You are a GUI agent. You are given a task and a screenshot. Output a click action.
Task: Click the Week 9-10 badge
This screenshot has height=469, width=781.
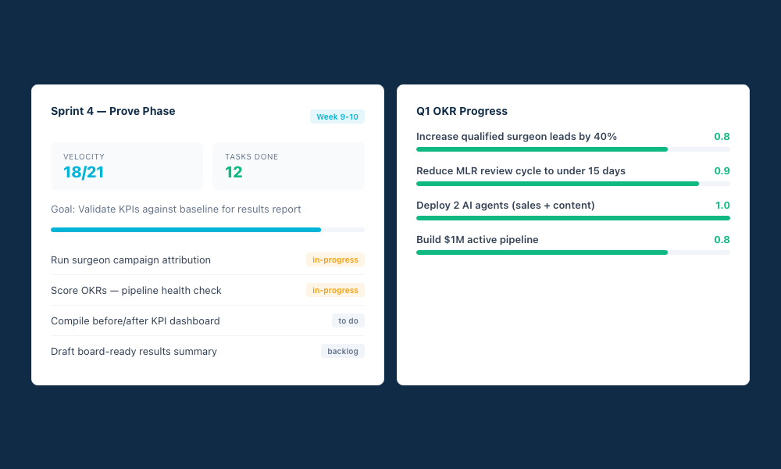tap(337, 117)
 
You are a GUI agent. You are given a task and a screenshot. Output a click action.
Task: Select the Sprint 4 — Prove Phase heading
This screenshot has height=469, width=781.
tap(113, 111)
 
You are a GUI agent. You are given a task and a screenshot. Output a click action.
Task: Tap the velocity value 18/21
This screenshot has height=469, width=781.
tap(84, 173)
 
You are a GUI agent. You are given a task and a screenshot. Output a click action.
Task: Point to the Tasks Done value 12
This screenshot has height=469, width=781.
tap(234, 173)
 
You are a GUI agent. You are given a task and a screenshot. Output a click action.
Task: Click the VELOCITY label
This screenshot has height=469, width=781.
tap(84, 157)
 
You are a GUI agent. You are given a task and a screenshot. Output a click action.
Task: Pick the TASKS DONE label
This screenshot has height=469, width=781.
tap(251, 157)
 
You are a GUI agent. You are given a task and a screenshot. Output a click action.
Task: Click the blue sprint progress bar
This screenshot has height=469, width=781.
tap(186, 230)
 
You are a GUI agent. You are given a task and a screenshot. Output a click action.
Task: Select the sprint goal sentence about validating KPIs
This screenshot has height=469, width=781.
tap(176, 209)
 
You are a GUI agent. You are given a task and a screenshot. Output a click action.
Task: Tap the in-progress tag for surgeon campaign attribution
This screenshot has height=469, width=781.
tap(335, 260)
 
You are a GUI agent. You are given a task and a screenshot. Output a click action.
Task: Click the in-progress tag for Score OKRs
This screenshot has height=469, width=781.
tap(335, 290)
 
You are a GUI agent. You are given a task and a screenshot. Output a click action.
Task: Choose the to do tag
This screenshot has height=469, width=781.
tap(348, 320)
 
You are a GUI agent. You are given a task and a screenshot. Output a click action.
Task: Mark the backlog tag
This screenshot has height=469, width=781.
tap(342, 351)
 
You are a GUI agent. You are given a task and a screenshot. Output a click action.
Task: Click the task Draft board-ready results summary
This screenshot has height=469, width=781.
tap(134, 352)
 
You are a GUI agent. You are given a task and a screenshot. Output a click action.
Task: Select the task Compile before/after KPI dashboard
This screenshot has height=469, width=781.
tap(135, 321)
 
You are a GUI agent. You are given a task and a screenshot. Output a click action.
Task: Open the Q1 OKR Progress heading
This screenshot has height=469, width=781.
tap(462, 111)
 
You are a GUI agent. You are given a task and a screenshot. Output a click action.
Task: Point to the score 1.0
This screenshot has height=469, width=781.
tap(722, 206)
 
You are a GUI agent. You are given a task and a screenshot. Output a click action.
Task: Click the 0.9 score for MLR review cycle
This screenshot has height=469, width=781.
tap(722, 171)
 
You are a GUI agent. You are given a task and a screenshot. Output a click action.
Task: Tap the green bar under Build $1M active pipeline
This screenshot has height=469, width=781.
tap(542, 252)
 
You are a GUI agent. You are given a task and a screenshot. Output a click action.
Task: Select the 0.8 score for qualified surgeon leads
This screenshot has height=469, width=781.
tap(722, 137)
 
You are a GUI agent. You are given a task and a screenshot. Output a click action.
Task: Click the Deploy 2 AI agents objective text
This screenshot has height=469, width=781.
tap(505, 206)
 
